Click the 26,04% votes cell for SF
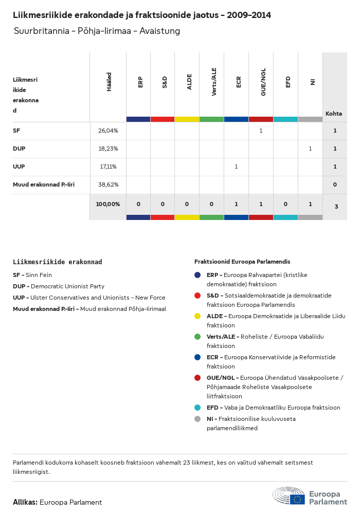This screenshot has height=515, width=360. (x=108, y=131)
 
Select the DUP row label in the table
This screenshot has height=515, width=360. (x=19, y=149)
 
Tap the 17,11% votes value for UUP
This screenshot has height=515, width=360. (x=108, y=167)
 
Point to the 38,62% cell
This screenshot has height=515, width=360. (x=108, y=184)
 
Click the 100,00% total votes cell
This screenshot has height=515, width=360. (x=108, y=204)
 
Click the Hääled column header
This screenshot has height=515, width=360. (x=109, y=82)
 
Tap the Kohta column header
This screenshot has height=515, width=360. (x=334, y=114)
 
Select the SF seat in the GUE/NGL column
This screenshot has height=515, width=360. (x=261, y=131)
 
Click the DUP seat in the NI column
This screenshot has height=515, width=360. (x=310, y=149)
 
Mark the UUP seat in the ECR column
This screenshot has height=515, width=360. (x=236, y=167)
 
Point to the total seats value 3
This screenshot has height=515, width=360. (x=336, y=207)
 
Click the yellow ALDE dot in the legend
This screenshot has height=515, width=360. (x=197, y=316)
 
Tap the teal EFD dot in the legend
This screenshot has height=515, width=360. (x=197, y=408)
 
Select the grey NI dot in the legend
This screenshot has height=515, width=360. (x=197, y=419)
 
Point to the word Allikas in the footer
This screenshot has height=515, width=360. (x=25, y=502)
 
